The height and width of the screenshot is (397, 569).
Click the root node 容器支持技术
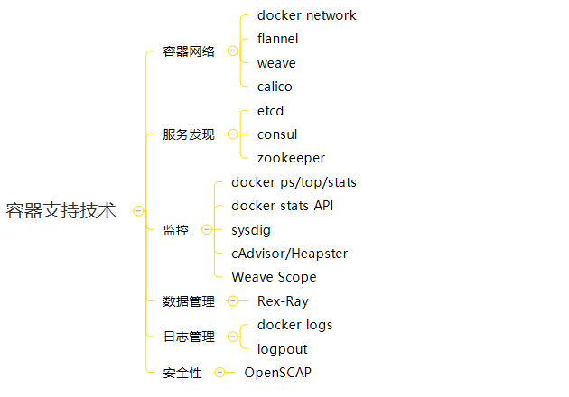[x=61, y=211]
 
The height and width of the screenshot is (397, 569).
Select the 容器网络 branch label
[x=189, y=51]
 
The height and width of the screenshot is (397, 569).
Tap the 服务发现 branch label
[x=189, y=134]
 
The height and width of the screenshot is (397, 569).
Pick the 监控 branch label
[x=176, y=230]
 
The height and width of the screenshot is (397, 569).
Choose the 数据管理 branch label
[x=189, y=301]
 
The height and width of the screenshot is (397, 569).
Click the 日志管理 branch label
[x=189, y=337]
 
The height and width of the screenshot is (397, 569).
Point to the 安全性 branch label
[x=182, y=372]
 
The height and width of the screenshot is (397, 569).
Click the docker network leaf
[x=306, y=15]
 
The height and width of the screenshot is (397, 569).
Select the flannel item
[x=277, y=39]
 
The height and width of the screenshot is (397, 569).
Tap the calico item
[x=275, y=87]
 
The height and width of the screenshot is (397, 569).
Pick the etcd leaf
[x=271, y=110]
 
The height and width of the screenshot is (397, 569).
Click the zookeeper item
[x=291, y=158]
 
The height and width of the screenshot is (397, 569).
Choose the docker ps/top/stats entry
[x=294, y=182]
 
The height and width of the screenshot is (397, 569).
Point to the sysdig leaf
[x=251, y=230]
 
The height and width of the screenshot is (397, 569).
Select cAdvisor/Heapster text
[x=289, y=254]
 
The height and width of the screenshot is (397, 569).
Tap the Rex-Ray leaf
[x=283, y=301]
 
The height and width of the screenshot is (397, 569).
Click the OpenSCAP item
[x=278, y=372]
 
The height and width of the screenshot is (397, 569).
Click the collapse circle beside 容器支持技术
[x=138, y=211]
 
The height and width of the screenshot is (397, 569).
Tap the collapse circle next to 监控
[x=207, y=230]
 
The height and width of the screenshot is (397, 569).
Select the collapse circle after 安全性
[x=219, y=372]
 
